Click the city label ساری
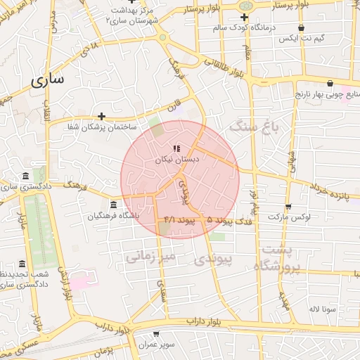coord(47,79)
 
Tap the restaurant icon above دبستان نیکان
coord(176,148)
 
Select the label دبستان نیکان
coord(177,160)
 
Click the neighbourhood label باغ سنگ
coord(255,127)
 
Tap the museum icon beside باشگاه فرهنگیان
coord(113,205)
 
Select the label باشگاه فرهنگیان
coord(113,216)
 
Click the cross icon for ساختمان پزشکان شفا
coord(102,116)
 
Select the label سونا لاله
coord(324,309)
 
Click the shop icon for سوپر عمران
coord(156,334)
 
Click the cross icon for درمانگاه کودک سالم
coord(244,17)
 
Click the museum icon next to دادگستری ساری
coord(26,175)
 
